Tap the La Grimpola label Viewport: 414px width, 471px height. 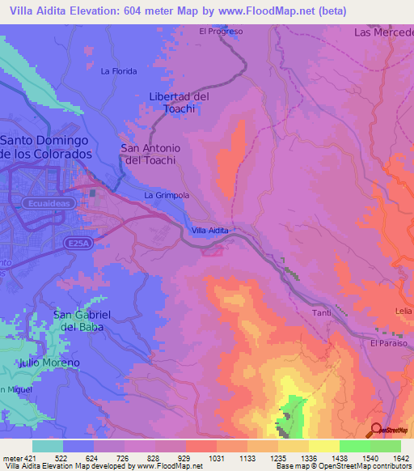[167, 196]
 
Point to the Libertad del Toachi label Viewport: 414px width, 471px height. [180, 102]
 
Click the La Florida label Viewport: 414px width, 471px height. [119, 71]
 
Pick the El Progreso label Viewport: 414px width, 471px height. [221, 32]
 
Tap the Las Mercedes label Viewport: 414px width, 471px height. [383, 32]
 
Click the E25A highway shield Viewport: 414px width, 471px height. [76, 241]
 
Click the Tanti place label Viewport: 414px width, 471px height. [322, 312]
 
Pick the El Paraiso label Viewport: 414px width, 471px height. [388, 343]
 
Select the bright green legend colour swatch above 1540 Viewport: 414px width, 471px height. [354, 446]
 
